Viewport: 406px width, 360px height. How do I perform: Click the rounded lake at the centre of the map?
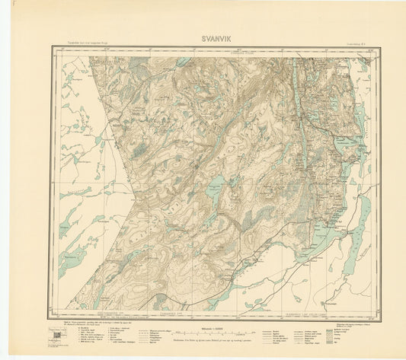point(216,183)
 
